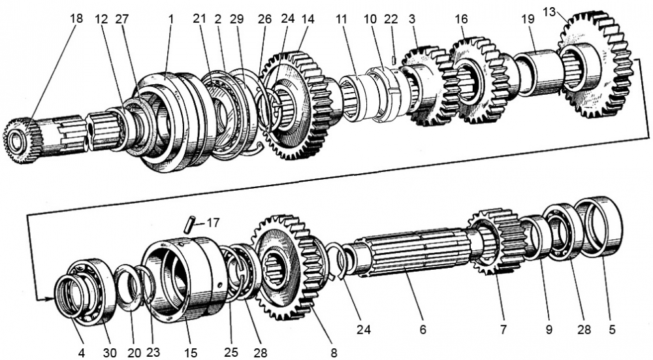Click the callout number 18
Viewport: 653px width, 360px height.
[x=76, y=20]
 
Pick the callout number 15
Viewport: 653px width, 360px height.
[x=191, y=353]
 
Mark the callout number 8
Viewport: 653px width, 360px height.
[x=333, y=353]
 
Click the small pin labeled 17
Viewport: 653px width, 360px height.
[x=187, y=224]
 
